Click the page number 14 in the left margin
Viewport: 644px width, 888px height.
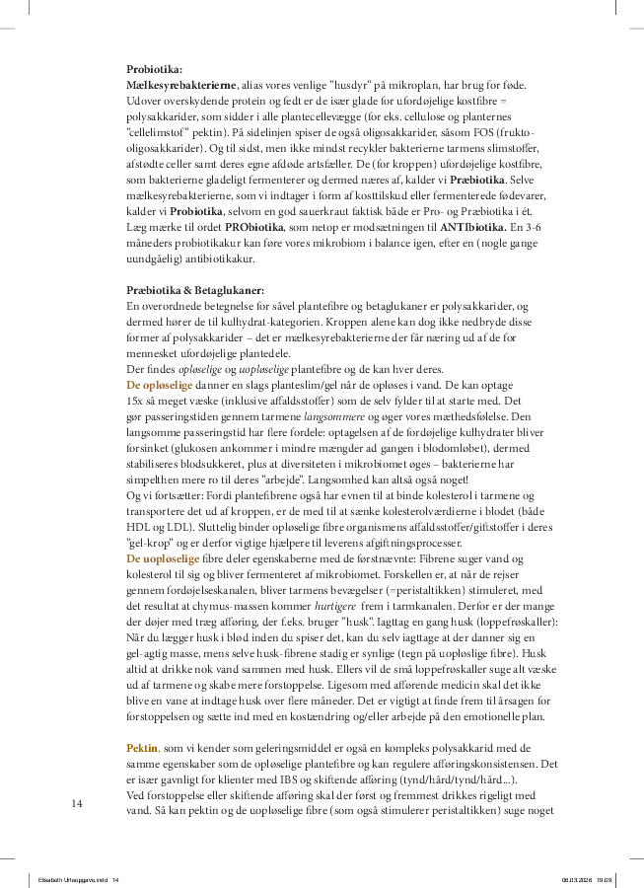pos(77,804)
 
